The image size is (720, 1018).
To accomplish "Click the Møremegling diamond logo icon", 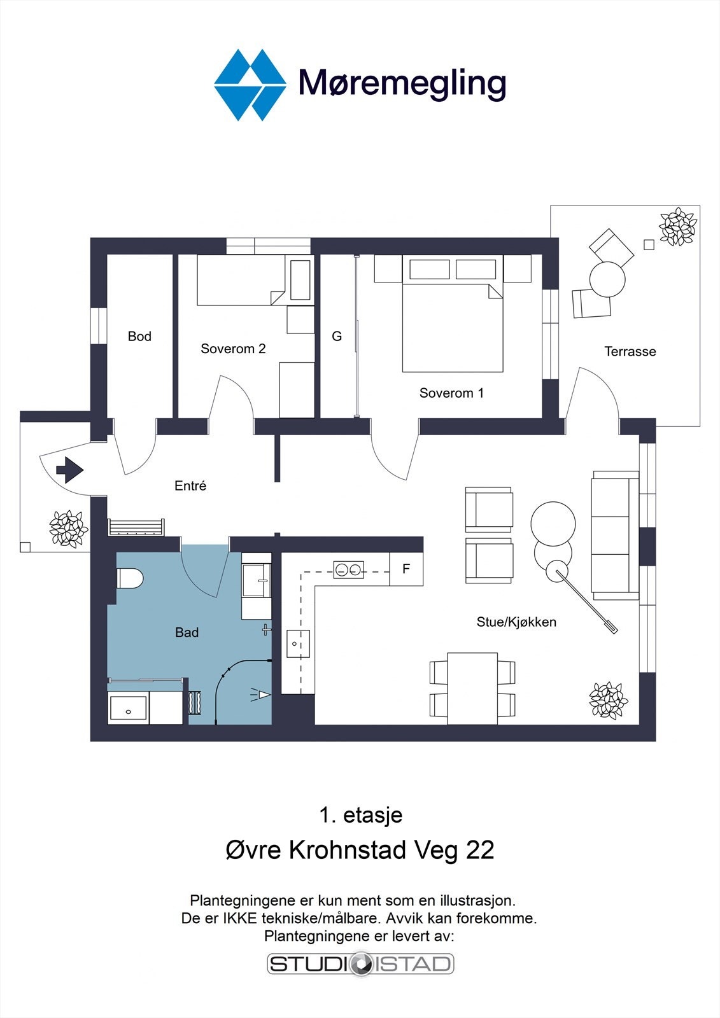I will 250,84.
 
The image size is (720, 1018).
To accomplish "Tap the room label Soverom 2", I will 233,349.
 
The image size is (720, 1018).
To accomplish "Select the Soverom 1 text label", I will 451,393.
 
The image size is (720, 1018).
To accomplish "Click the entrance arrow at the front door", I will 69,471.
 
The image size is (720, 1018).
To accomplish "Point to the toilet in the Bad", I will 130,579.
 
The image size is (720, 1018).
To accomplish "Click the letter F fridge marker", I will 406,569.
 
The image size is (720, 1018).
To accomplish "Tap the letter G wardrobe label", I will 337,336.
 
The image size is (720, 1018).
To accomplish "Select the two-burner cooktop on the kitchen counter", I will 349,569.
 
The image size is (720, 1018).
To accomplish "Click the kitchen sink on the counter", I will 297,644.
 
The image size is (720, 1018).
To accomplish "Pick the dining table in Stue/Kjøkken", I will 472,688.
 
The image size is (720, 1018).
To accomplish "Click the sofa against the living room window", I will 614,535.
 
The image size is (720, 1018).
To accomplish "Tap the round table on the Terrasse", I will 607,279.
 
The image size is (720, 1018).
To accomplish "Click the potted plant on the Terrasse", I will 677,227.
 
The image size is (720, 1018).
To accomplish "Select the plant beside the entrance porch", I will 67,528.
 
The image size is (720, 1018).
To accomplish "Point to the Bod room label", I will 139,336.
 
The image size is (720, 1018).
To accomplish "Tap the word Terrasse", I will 630,351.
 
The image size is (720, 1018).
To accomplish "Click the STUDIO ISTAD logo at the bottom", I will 360,963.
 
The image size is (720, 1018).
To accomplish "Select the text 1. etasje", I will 360,815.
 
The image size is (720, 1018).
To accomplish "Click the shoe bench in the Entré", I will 136,527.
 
